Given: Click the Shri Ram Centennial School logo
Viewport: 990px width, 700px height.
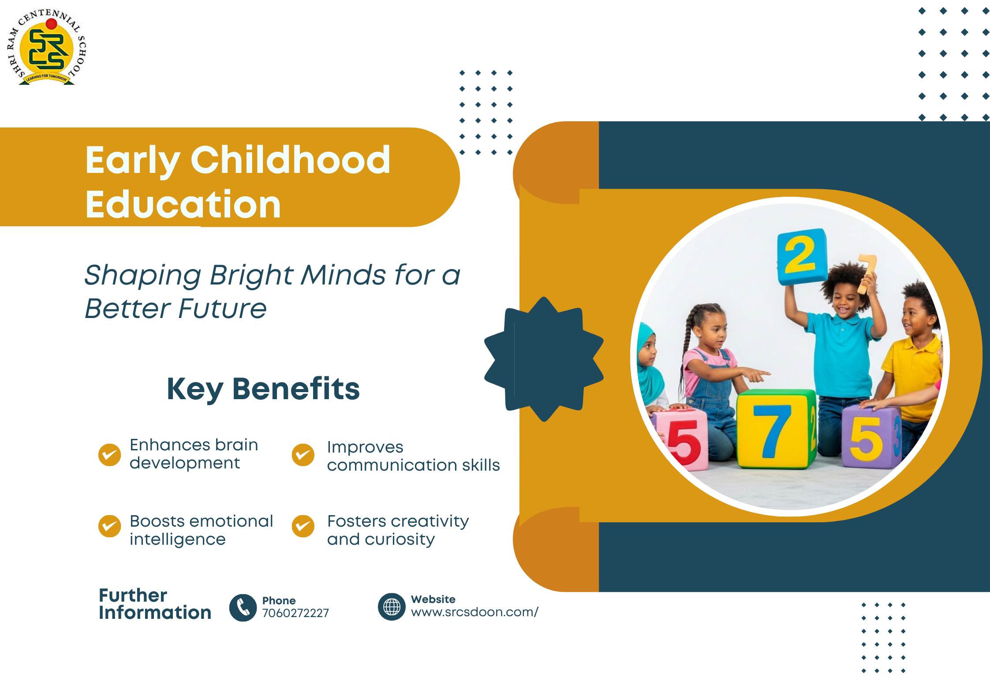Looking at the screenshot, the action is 46,47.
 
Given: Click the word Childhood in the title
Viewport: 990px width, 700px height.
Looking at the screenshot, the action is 291,160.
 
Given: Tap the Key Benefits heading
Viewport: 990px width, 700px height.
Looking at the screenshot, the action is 263,389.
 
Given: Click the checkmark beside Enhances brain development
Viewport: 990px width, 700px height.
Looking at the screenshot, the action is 110,455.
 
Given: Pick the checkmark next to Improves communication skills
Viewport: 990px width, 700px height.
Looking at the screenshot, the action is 303,455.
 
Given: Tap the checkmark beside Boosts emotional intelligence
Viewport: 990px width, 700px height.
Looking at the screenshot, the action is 110,526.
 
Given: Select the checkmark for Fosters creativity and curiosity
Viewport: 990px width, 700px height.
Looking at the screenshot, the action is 303,526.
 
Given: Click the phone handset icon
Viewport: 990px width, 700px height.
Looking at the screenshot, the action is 243,608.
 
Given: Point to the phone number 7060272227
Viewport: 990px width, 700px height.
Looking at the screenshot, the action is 295,613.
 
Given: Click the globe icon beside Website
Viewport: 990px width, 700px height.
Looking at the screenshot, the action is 392,607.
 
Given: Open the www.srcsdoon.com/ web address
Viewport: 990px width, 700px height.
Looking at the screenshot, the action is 474,612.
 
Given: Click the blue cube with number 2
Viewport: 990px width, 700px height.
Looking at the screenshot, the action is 802,257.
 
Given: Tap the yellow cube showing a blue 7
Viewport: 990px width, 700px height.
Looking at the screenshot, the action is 776,429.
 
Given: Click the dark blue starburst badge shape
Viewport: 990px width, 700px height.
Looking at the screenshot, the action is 544,359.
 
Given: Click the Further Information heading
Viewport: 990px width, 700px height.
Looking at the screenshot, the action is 155,604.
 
